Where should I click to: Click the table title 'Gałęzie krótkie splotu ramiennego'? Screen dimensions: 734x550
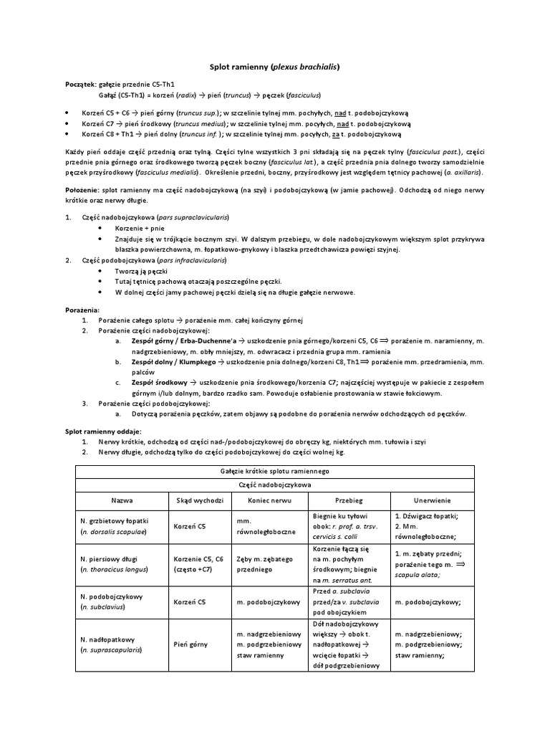tap(274, 471)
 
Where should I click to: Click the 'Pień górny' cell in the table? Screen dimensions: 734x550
tap(190, 644)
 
